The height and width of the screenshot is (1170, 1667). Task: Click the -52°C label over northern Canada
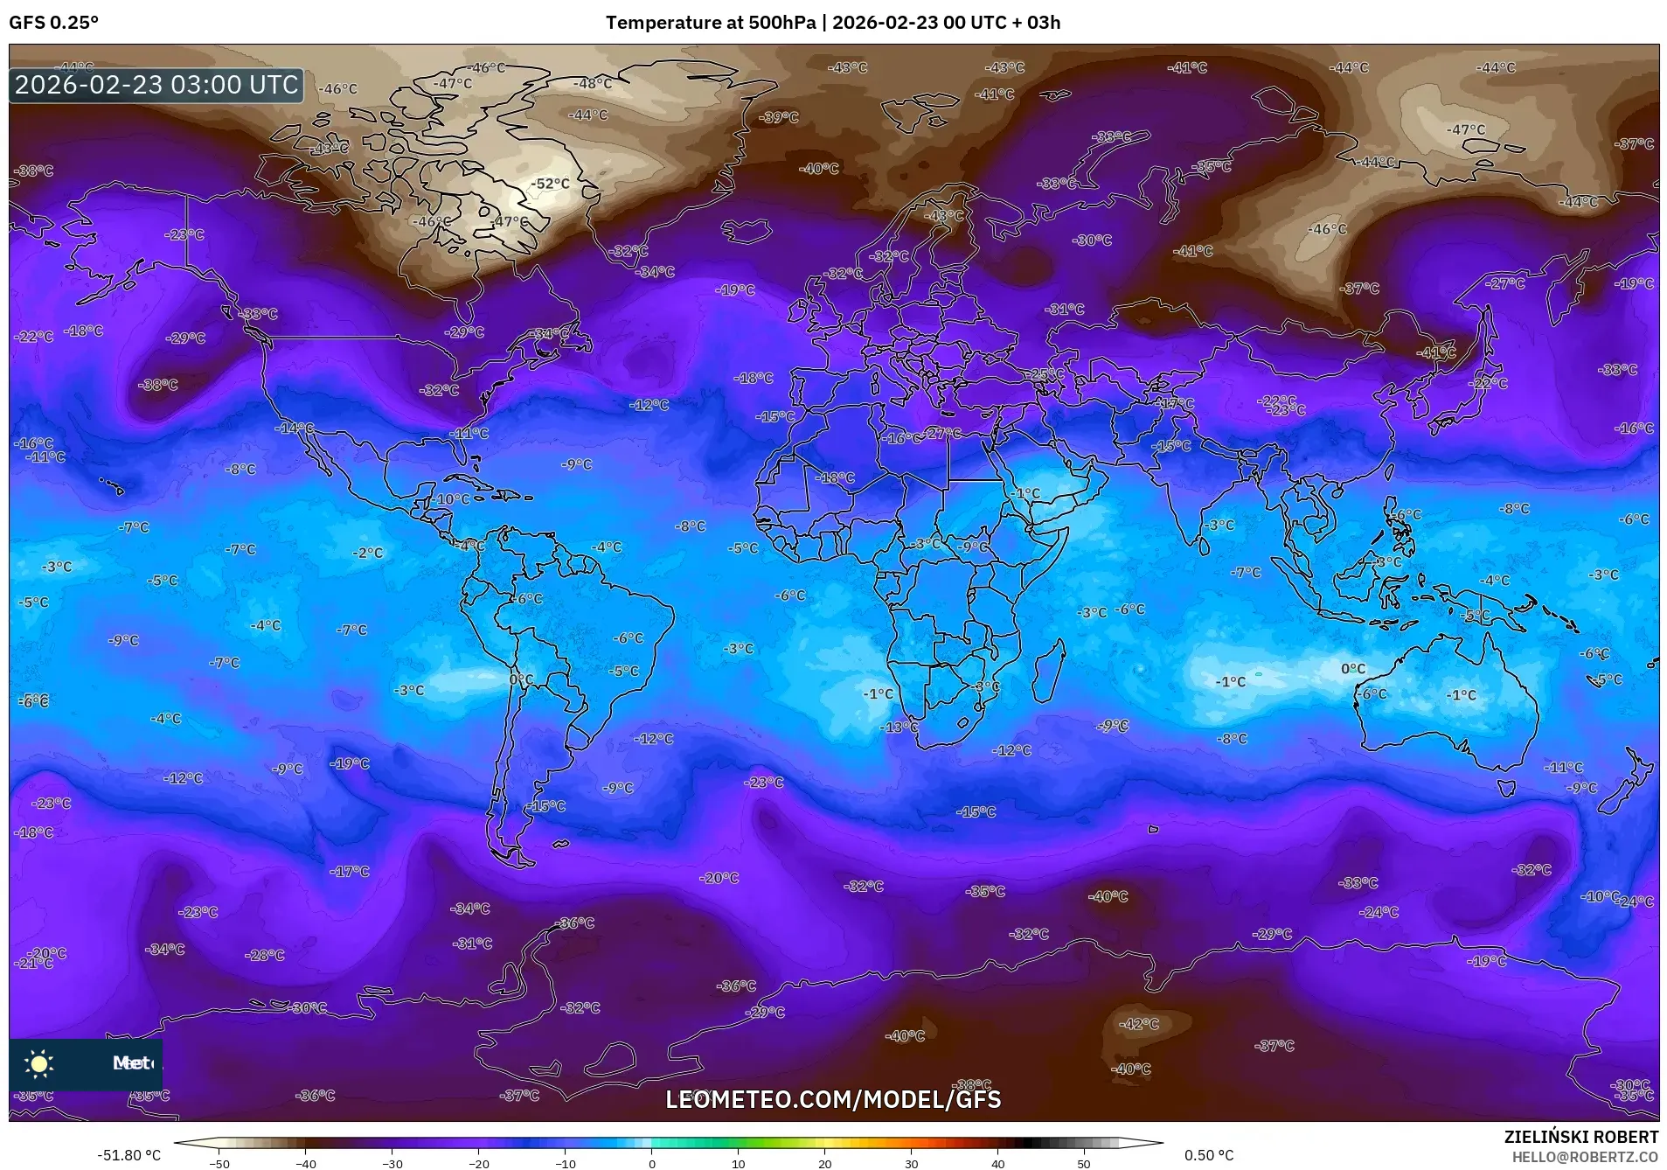click(551, 184)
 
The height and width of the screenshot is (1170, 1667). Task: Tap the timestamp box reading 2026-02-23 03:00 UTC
click(156, 85)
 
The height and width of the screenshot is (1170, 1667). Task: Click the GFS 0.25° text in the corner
click(53, 23)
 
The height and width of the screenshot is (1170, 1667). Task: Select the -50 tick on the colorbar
click(219, 1164)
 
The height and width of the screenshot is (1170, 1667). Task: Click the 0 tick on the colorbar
click(651, 1164)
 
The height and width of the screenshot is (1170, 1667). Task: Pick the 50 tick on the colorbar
click(1084, 1164)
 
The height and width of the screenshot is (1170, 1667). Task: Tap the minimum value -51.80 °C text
click(129, 1155)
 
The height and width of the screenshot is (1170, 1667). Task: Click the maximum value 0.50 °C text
click(1209, 1155)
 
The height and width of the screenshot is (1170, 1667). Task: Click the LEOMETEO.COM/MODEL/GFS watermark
click(833, 1099)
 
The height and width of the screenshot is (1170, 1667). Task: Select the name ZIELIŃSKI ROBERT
click(1580, 1137)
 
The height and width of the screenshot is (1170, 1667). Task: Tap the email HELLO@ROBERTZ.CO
click(1585, 1157)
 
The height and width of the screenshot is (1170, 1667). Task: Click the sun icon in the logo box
click(39, 1063)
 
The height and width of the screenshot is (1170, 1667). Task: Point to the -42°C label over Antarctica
click(1139, 1024)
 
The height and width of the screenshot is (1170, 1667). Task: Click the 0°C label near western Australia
click(1352, 669)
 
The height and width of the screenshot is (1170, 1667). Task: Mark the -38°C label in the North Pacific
click(158, 385)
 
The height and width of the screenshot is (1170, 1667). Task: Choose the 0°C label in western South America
click(521, 679)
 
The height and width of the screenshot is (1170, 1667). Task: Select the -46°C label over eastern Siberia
click(1327, 229)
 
